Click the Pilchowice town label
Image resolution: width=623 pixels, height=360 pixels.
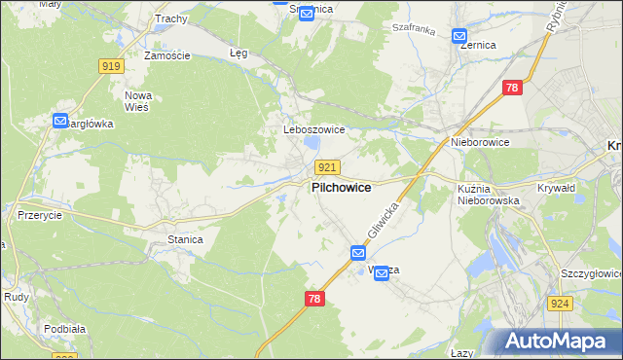340,188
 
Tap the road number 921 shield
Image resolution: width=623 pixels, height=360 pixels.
327,167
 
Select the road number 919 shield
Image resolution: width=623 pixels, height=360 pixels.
110,66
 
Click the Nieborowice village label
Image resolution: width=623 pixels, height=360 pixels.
480,142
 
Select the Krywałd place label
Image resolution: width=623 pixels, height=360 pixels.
558,188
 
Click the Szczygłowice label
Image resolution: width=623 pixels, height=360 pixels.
586,274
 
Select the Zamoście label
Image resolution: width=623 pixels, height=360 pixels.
166,55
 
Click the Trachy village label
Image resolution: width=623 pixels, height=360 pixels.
170,18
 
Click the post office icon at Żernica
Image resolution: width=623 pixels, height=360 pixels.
460,37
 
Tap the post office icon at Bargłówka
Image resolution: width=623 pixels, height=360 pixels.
60,122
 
